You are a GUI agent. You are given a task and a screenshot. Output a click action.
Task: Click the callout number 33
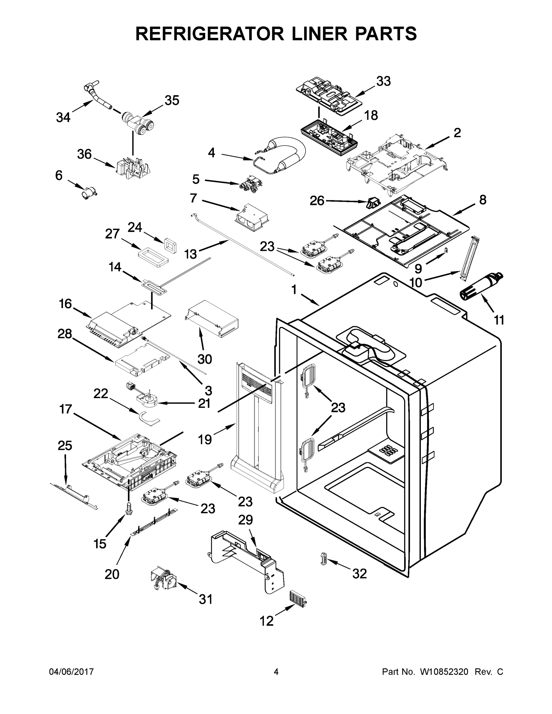pos(383,81)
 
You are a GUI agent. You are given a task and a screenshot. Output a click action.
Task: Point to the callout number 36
pos(85,154)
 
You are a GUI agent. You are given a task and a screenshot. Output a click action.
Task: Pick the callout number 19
pos(205,440)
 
